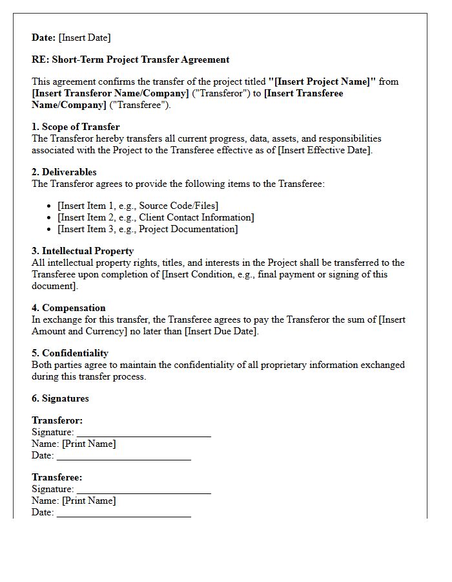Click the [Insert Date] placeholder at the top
[85, 38]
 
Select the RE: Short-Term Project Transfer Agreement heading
[130, 59]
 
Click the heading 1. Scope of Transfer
[76, 127]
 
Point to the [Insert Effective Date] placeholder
[325, 150]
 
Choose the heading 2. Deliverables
[64, 172]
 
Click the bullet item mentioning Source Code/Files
[138, 206]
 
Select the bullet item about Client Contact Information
[156, 217]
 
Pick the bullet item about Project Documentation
[147, 229]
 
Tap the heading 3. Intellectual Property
[83, 251]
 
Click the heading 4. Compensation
[68, 308]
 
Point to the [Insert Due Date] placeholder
[221, 331]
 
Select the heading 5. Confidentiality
[70, 353]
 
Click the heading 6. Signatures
[60, 398]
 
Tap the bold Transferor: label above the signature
[57, 420]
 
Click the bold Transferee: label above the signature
[57, 477]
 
